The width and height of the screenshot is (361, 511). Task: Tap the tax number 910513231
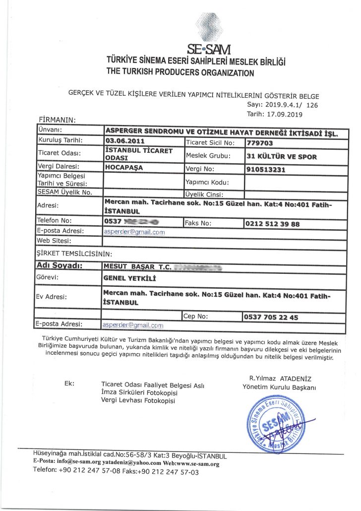click(266, 169)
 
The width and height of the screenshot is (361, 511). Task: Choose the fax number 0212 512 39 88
click(272, 224)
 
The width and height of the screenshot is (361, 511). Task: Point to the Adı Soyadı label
click(60, 266)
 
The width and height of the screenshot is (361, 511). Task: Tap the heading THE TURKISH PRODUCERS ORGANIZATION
click(180, 73)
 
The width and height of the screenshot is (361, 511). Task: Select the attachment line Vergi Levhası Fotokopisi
click(138, 400)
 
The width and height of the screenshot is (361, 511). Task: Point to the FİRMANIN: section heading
click(57, 120)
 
